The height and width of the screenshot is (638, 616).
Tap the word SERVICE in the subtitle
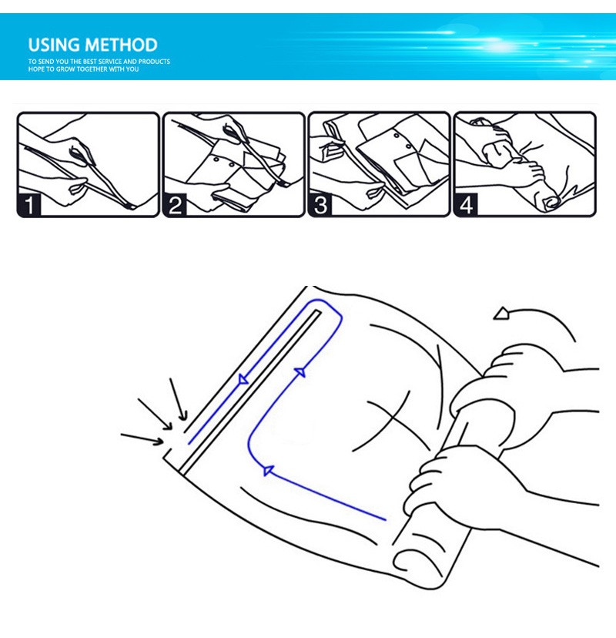[x=110, y=62]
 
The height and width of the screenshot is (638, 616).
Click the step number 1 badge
[x=28, y=205]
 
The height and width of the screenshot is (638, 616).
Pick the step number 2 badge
[x=175, y=205]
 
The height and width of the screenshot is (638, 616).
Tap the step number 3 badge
[x=320, y=205]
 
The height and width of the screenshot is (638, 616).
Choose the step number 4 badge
[x=466, y=205]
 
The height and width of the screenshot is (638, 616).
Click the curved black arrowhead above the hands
[x=501, y=314]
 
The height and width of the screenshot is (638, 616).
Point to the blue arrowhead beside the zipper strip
[x=243, y=380]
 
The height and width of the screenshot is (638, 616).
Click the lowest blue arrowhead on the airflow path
[x=268, y=470]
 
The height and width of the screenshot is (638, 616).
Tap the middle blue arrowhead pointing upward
[x=300, y=371]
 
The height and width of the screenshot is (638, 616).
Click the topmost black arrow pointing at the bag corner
[x=179, y=399]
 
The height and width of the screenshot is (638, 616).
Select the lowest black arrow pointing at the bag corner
[x=142, y=439]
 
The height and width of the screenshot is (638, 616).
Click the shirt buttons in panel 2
[x=223, y=162]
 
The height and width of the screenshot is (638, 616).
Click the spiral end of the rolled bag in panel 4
[x=552, y=202]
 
